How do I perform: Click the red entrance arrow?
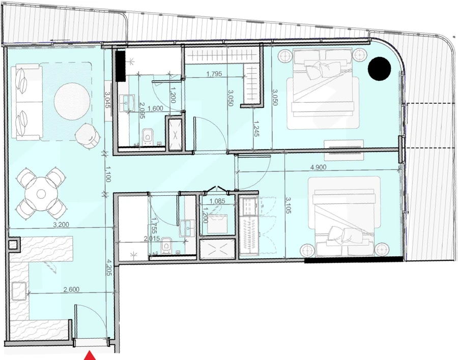click(90, 355)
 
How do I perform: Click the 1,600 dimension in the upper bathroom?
click(155, 108)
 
